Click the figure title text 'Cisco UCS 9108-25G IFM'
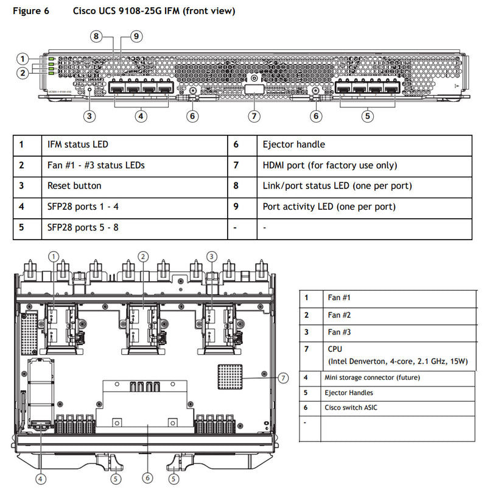[x=153, y=11]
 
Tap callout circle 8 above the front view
[x=97, y=37]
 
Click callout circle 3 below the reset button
[x=89, y=116]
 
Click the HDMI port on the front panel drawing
[x=254, y=90]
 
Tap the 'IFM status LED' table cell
[x=78, y=145]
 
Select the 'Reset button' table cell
[x=74, y=186]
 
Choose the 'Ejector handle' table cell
[x=293, y=145]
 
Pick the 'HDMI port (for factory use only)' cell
[x=329, y=165]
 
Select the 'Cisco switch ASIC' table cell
[x=351, y=408]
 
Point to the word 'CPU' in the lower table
[x=335, y=349]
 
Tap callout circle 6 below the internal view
[x=147, y=478]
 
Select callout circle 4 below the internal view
[x=41, y=478]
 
